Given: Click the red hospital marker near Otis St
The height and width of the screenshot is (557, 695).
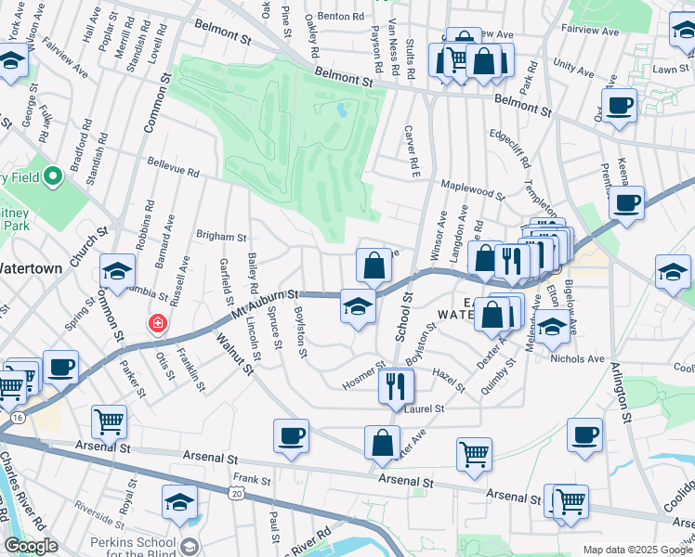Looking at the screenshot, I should click(158, 324).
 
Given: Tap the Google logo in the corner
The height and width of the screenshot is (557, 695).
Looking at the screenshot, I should click(32, 546).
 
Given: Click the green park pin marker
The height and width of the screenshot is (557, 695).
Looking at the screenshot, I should click(53, 175).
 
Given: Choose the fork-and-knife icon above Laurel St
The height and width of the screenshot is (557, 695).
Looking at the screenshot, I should click(396, 384).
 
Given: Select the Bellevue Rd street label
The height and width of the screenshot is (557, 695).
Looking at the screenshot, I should click(173, 167).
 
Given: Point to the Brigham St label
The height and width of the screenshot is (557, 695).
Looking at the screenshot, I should click(221, 238).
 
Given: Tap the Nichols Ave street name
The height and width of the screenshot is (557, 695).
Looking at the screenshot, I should click(577, 358).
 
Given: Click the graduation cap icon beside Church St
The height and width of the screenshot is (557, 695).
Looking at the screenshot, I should click(118, 271).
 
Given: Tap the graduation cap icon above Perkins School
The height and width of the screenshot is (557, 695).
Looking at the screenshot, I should click(180, 502).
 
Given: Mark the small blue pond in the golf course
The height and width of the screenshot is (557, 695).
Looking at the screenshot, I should click(342, 110).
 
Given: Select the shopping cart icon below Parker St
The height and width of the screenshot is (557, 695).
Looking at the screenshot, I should click(109, 422).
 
